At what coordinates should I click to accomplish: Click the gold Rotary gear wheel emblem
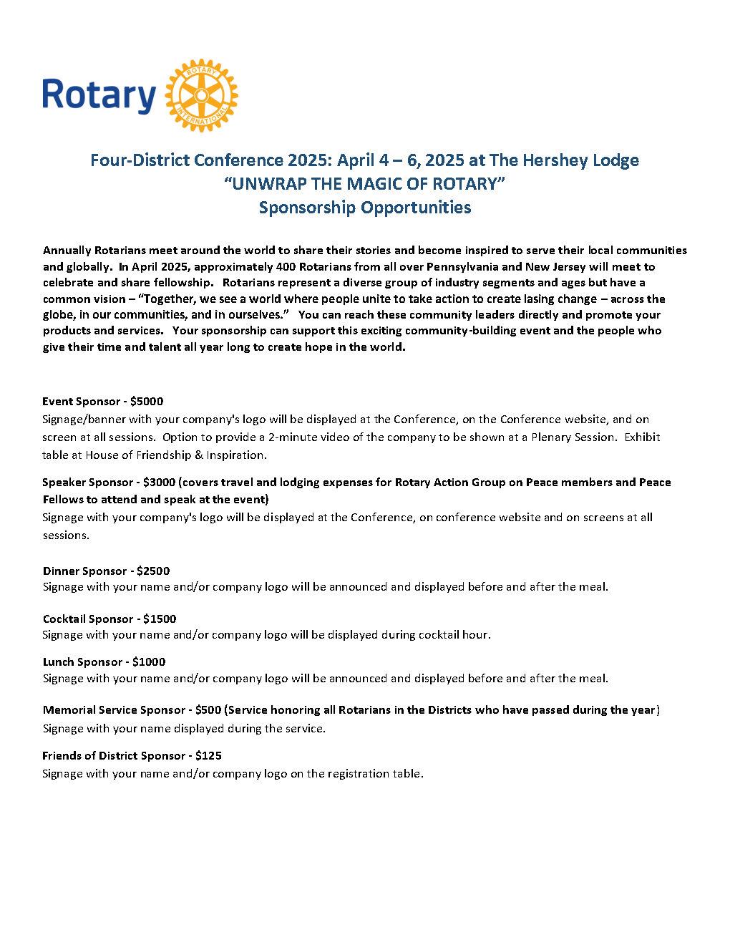tap(201, 95)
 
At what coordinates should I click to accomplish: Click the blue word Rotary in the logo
tap(99, 96)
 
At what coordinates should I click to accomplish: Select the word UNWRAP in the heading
tap(265, 183)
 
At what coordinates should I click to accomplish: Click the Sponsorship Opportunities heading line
tap(365, 208)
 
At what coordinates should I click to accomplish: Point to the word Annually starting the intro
tap(67, 251)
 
